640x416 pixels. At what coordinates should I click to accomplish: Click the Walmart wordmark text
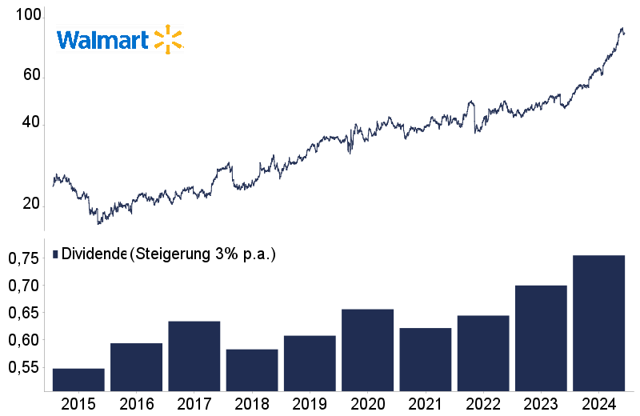click(102, 40)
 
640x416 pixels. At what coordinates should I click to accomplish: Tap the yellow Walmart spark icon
click(168, 39)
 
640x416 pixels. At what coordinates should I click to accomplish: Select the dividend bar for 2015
click(78, 379)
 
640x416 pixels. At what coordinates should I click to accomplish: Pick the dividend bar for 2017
click(194, 356)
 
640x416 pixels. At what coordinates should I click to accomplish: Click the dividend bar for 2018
click(251, 370)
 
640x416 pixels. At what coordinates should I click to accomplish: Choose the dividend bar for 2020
click(367, 350)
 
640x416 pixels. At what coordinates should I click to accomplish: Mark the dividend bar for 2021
click(425, 359)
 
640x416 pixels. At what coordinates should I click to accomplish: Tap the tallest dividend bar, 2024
click(598, 322)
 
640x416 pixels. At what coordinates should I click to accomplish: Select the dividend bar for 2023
click(541, 338)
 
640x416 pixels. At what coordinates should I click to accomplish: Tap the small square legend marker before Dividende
click(55, 254)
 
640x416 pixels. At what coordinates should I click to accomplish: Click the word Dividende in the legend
click(94, 254)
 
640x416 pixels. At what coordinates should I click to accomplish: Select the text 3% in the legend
click(226, 254)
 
